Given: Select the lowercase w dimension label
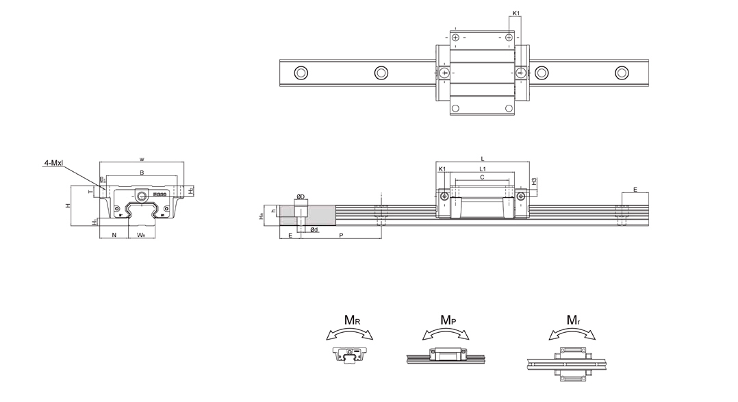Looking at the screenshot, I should (142, 159).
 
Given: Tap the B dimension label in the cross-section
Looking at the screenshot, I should (142, 173).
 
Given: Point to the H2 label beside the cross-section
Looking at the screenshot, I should (191, 190).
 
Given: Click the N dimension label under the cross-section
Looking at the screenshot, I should (114, 235).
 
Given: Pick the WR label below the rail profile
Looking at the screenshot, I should (140, 235).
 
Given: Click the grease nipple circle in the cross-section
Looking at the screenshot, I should (142, 196).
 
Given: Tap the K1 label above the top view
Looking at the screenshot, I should (516, 13).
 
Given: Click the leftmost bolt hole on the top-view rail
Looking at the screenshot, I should (301, 73).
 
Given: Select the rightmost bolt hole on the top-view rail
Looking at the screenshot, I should (622, 73).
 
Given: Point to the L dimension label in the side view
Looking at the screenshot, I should (483, 158).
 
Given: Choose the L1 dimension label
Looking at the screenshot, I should (483, 168).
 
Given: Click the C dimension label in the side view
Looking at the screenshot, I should (482, 177).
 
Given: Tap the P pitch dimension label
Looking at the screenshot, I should (341, 235).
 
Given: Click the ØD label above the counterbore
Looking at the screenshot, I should (301, 197).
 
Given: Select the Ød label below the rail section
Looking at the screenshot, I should (313, 229).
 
